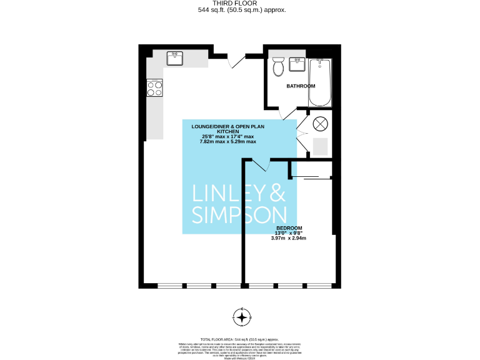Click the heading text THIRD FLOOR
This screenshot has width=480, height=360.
coord(240,3)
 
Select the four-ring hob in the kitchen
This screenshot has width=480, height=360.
coord(154,89)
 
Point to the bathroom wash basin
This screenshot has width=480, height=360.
coord(296,64)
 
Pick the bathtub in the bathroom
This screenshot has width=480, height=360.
coord(322,81)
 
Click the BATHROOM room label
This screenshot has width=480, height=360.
coord(301,86)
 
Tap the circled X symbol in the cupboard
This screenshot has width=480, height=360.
coord(320,123)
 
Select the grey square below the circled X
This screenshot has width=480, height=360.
coord(320,146)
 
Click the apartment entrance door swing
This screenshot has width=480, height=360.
coord(232,60)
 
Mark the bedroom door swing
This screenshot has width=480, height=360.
coord(260,164)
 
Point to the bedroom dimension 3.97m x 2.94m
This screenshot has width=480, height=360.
coord(289,238)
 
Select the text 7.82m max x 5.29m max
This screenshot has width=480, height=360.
coord(227,142)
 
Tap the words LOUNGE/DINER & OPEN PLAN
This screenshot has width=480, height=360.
coord(227,127)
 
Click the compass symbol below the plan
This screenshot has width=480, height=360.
coord(241,317)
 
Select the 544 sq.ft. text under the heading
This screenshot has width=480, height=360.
coord(240,10)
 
